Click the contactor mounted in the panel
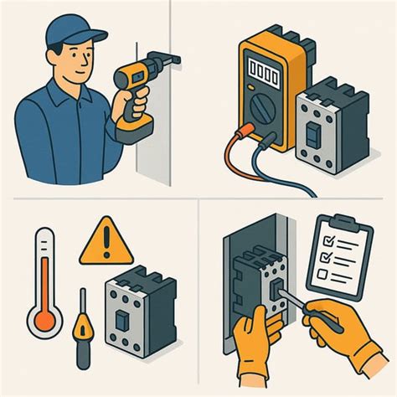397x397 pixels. [x=260, y=284]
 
